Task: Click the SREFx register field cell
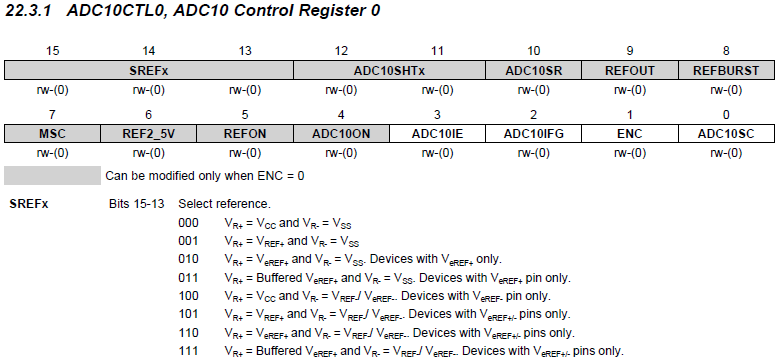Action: coord(149,71)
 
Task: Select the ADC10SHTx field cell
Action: coord(389,71)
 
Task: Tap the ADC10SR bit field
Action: coord(534,71)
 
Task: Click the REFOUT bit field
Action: coord(629,71)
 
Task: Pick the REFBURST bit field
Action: coord(725,71)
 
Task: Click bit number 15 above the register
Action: coord(53,50)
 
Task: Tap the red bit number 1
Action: coord(629,114)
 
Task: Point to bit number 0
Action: coord(725,114)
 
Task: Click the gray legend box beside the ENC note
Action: coord(52,175)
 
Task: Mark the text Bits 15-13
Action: coord(132,204)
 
